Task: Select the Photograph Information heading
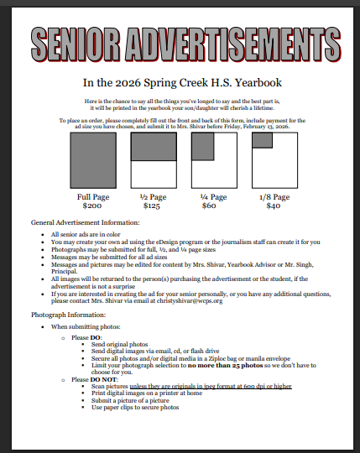pos(68,313)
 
